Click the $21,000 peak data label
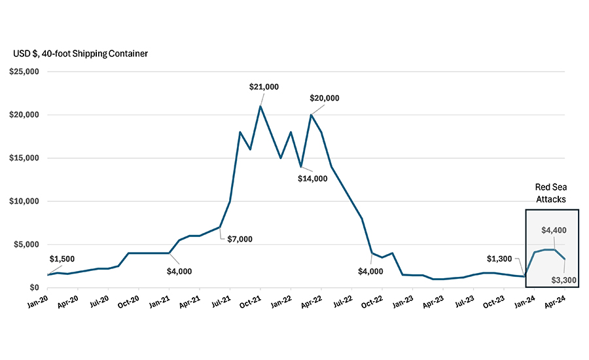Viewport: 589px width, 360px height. [264, 86]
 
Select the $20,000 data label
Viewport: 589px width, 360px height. [325, 98]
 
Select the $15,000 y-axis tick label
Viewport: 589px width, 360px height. [24, 158]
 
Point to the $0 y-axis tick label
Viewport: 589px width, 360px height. [31, 288]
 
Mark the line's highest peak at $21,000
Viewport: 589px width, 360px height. [260, 106]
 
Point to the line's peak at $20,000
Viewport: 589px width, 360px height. [311, 115]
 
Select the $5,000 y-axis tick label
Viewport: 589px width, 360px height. [26, 245]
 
